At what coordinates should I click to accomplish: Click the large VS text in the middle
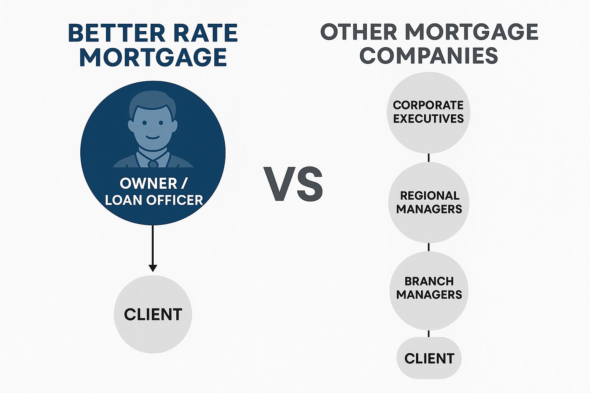click(x=293, y=184)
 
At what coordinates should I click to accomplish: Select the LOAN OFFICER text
click(x=154, y=200)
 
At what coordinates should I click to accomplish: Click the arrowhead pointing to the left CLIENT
click(x=153, y=268)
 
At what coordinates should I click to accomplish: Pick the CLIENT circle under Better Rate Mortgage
click(x=153, y=314)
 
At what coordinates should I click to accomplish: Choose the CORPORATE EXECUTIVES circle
click(x=428, y=112)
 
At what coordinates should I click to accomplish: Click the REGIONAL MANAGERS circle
click(x=429, y=202)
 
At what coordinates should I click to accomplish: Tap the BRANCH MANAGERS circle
click(x=429, y=291)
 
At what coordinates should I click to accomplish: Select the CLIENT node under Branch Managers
click(x=429, y=358)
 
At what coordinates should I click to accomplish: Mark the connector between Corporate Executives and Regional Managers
click(x=429, y=158)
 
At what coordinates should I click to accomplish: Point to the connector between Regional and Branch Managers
click(x=429, y=247)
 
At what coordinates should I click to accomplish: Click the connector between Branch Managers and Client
click(x=429, y=334)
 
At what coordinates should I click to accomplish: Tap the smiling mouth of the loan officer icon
click(x=153, y=137)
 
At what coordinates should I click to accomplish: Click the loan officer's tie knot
click(x=153, y=164)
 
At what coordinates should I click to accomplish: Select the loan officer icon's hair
click(x=152, y=101)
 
